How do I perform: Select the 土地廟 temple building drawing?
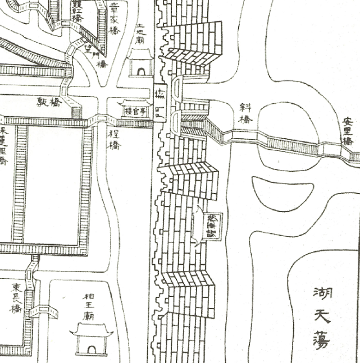140,63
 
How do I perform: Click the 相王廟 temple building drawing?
92,340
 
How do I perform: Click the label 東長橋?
17,297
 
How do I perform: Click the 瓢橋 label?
49,103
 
